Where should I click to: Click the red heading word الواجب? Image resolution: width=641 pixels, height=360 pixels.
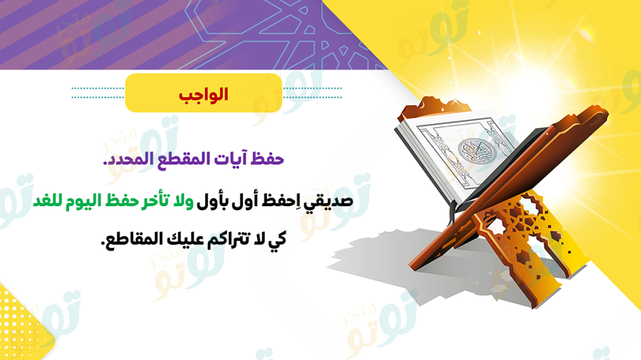(x=203, y=95)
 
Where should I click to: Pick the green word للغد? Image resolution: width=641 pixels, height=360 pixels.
(x=48, y=201)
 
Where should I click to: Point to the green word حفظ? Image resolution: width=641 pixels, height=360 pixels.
(x=121, y=201)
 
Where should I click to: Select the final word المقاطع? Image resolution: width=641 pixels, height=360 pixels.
(x=131, y=239)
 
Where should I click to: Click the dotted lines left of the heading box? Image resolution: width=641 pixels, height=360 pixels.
(x=97, y=93)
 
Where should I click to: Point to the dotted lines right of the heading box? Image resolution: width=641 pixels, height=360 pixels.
(x=312, y=93)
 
